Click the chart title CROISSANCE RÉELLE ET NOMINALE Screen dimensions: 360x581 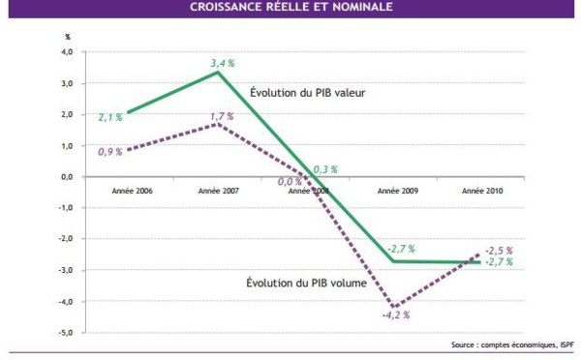(x=290, y=8)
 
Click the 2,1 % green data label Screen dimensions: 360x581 (x=109, y=116)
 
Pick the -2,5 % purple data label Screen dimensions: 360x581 (x=499, y=251)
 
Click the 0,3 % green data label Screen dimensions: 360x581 (x=325, y=169)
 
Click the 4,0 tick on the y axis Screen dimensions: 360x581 (x=68, y=52)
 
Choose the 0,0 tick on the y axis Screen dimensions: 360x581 (x=68, y=177)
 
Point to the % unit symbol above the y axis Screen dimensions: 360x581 (x=68, y=37)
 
